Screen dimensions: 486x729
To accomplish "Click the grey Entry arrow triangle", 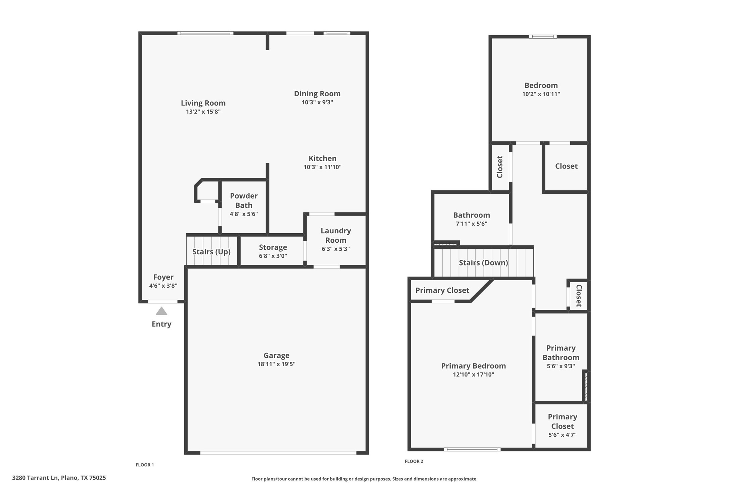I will click(x=161, y=311).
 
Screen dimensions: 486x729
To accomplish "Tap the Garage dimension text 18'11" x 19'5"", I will click(x=276, y=364).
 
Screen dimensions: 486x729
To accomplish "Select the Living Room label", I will click(x=203, y=103).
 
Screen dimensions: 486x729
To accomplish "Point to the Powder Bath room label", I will click(x=244, y=200).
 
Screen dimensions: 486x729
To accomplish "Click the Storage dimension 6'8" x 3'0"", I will click(x=273, y=256).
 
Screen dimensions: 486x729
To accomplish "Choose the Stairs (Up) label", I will click(x=211, y=252).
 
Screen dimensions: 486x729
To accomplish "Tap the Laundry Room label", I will click(x=336, y=235).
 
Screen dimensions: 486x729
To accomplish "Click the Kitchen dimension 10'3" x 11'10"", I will click(x=322, y=167).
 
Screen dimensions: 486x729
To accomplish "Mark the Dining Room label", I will click(x=317, y=94).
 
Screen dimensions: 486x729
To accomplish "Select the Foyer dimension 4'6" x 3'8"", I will click(x=163, y=286).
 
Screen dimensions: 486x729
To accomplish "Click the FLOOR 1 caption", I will click(x=145, y=465).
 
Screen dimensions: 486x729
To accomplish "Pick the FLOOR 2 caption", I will click(x=414, y=461).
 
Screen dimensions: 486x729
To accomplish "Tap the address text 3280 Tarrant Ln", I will click(x=59, y=478).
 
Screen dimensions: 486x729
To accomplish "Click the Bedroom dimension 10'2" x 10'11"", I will click(x=541, y=94).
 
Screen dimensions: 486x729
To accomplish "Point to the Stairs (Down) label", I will click(x=483, y=263).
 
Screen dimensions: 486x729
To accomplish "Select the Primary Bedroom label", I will click(x=473, y=366).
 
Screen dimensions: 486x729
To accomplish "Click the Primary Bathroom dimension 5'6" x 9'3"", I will click(x=561, y=366).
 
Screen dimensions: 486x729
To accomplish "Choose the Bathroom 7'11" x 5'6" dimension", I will click(x=471, y=224).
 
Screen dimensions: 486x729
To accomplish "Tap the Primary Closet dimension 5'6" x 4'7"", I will click(x=562, y=435).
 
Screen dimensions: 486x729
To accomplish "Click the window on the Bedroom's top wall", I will click(x=542, y=37).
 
